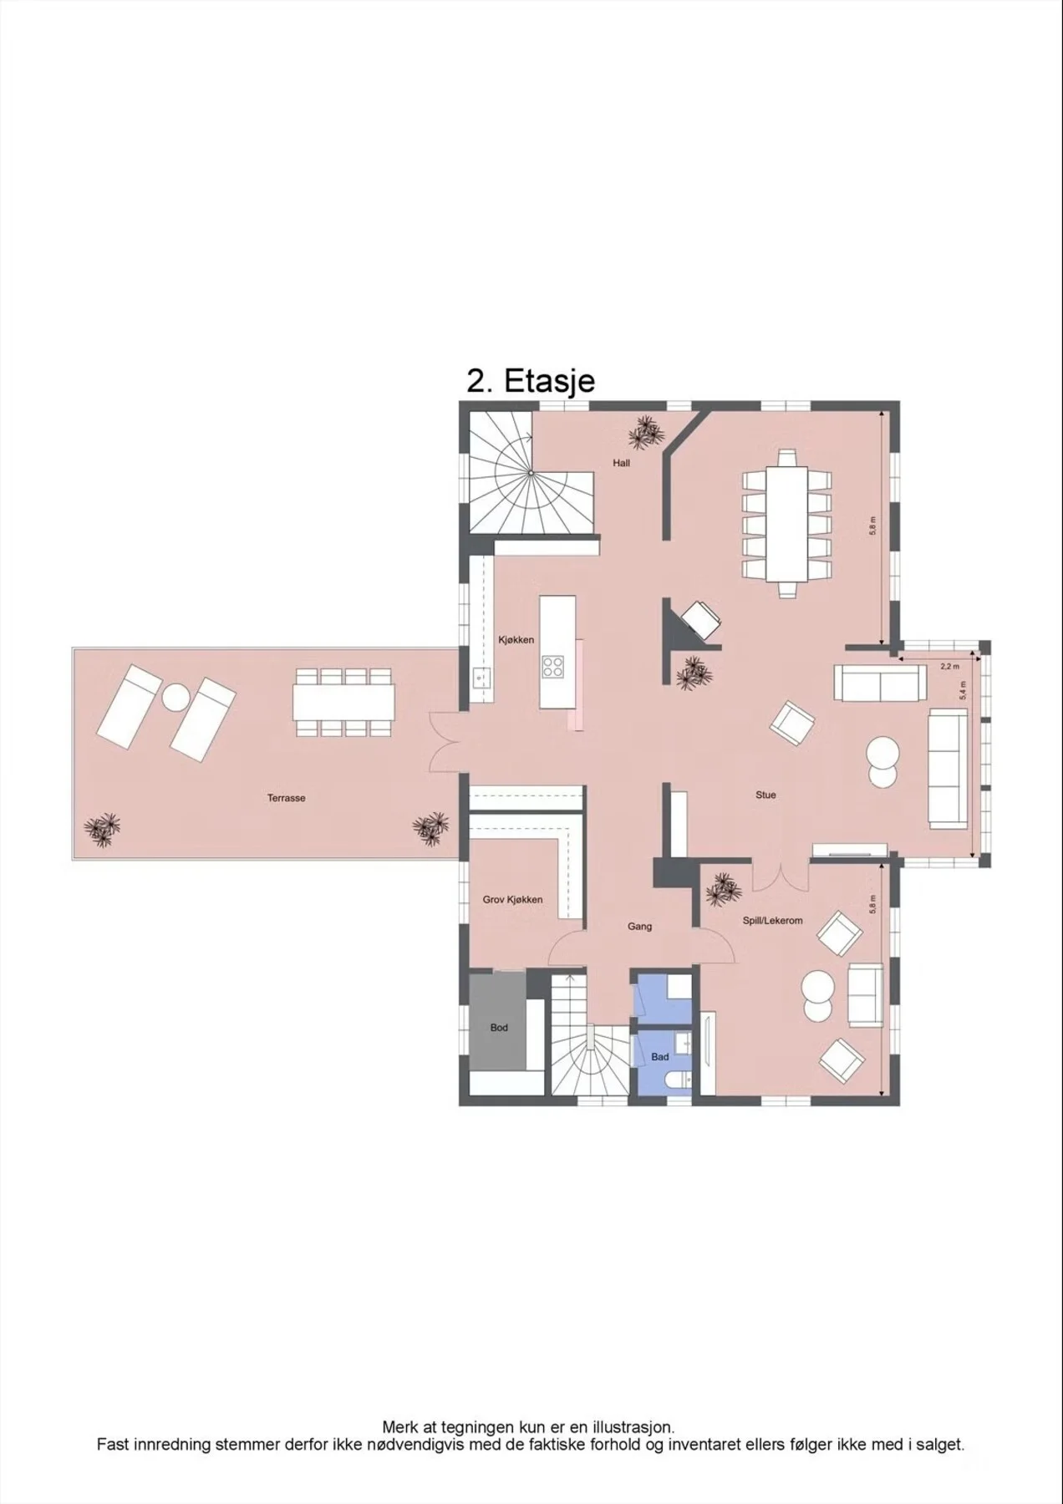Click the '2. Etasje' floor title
tap(531, 381)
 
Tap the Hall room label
tap(621, 463)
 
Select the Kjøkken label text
tap(516, 640)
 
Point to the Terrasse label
tap(287, 798)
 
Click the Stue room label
tap(765, 795)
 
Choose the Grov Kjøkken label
tap(512, 900)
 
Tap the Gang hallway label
tap(640, 926)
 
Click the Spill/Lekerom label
tap(773, 921)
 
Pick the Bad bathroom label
tap(660, 1057)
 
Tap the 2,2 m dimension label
tap(949, 667)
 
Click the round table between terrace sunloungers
tap(176, 696)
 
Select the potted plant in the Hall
tap(645, 432)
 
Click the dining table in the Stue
tap(787, 523)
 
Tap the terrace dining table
tap(343, 703)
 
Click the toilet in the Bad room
tap(675, 1081)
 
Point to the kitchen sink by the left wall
tap(480, 676)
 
